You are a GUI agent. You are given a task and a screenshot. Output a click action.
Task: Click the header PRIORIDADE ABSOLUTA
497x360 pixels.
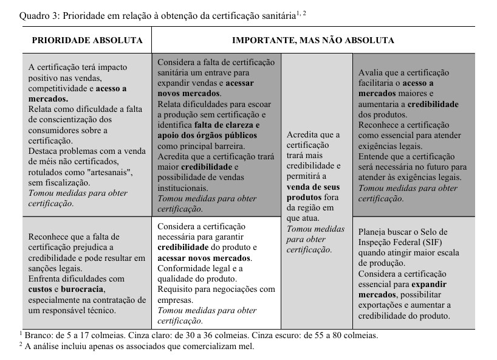pyautogui.click(x=87, y=41)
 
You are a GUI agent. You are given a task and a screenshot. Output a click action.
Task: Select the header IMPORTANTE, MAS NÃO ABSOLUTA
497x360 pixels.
pyautogui.click(x=313, y=41)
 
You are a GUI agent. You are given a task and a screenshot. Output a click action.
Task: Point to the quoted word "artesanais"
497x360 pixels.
pyautogui.click(x=113, y=173)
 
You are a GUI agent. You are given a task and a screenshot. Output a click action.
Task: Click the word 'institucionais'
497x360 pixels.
pyautogui.click(x=183, y=188)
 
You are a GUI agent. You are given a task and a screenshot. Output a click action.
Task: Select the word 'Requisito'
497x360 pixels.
pyautogui.click(x=176, y=289)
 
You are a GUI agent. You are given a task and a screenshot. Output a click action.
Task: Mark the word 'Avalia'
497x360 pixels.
pyautogui.click(x=371, y=73)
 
